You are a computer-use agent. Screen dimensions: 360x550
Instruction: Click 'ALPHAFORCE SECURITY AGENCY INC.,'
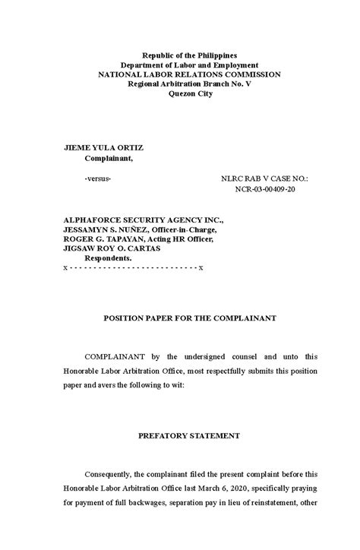coord(144,218)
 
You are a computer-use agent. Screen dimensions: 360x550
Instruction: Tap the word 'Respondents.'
coord(108,258)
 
